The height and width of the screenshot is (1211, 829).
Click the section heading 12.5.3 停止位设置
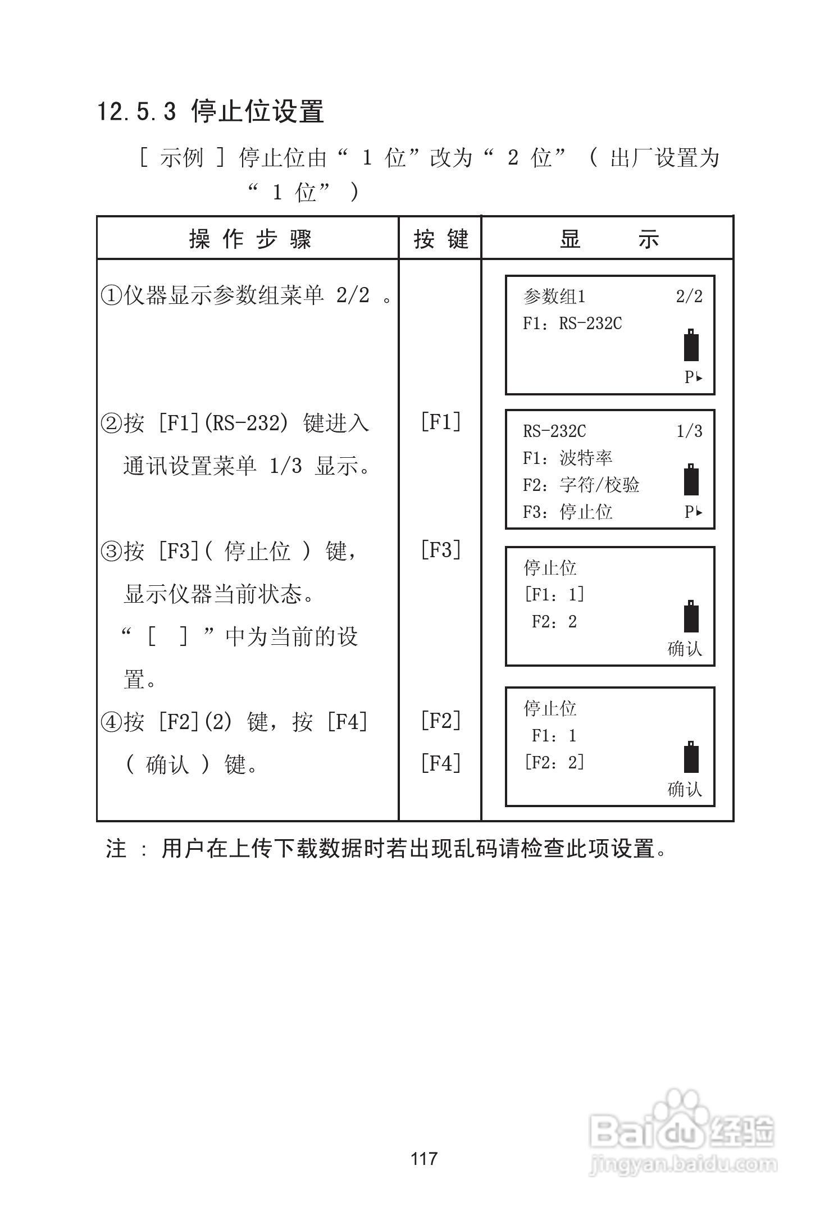click(x=211, y=111)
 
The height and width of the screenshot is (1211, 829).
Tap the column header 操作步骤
click(x=250, y=239)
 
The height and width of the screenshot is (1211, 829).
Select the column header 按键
click(x=441, y=239)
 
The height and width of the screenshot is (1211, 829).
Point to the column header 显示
click(x=608, y=239)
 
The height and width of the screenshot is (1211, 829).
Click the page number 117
click(x=424, y=1158)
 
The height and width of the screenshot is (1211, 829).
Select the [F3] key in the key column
click(x=441, y=550)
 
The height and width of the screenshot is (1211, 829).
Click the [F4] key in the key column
click(x=441, y=763)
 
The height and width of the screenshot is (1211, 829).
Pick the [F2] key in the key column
click(x=441, y=720)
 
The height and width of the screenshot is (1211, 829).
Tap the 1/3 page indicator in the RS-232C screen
click(x=689, y=431)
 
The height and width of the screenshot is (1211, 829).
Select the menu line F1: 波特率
click(x=567, y=458)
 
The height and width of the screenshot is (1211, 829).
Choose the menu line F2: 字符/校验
click(x=581, y=485)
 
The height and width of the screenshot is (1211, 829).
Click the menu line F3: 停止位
click(x=567, y=512)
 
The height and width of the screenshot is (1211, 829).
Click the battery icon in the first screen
click(x=691, y=345)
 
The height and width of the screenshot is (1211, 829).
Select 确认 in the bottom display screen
click(x=685, y=790)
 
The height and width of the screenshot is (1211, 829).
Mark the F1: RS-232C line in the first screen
click(x=572, y=324)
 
